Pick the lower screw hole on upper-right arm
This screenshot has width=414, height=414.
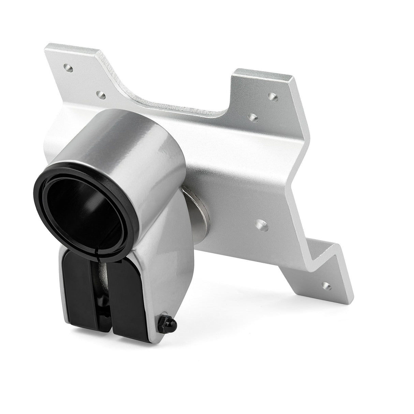click(x=253, y=118)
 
